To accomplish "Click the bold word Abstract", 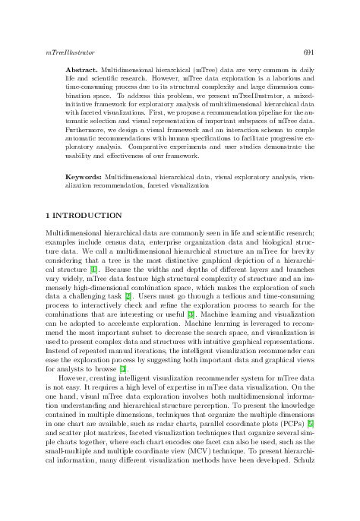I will coord(81,68).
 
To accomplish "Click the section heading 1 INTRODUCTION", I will coord(84,216).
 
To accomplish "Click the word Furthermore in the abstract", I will coord(84,128).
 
